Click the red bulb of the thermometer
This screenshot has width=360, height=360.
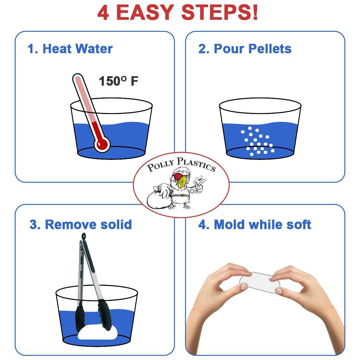click(x=102, y=144)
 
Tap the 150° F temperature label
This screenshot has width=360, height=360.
click(x=118, y=81)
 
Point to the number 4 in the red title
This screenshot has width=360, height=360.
click(x=103, y=12)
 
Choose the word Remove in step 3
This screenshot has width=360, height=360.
click(x=71, y=224)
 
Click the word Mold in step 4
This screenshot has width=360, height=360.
click(x=229, y=224)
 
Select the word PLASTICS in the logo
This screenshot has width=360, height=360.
click(x=196, y=164)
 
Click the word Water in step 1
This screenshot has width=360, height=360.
click(x=94, y=49)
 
